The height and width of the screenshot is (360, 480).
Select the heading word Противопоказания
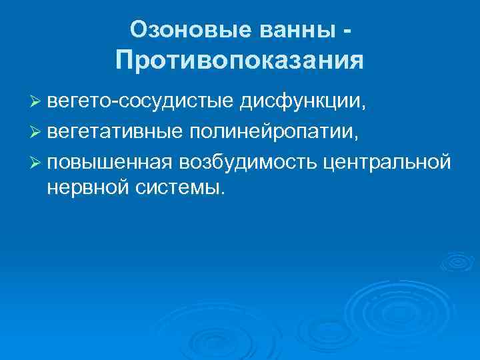(240, 61)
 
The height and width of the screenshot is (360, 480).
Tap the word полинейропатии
(274, 131)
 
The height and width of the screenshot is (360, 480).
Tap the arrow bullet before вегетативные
(35, 132)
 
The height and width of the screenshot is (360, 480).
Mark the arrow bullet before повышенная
(35, 161)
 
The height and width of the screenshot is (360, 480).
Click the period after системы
(223, 194)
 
